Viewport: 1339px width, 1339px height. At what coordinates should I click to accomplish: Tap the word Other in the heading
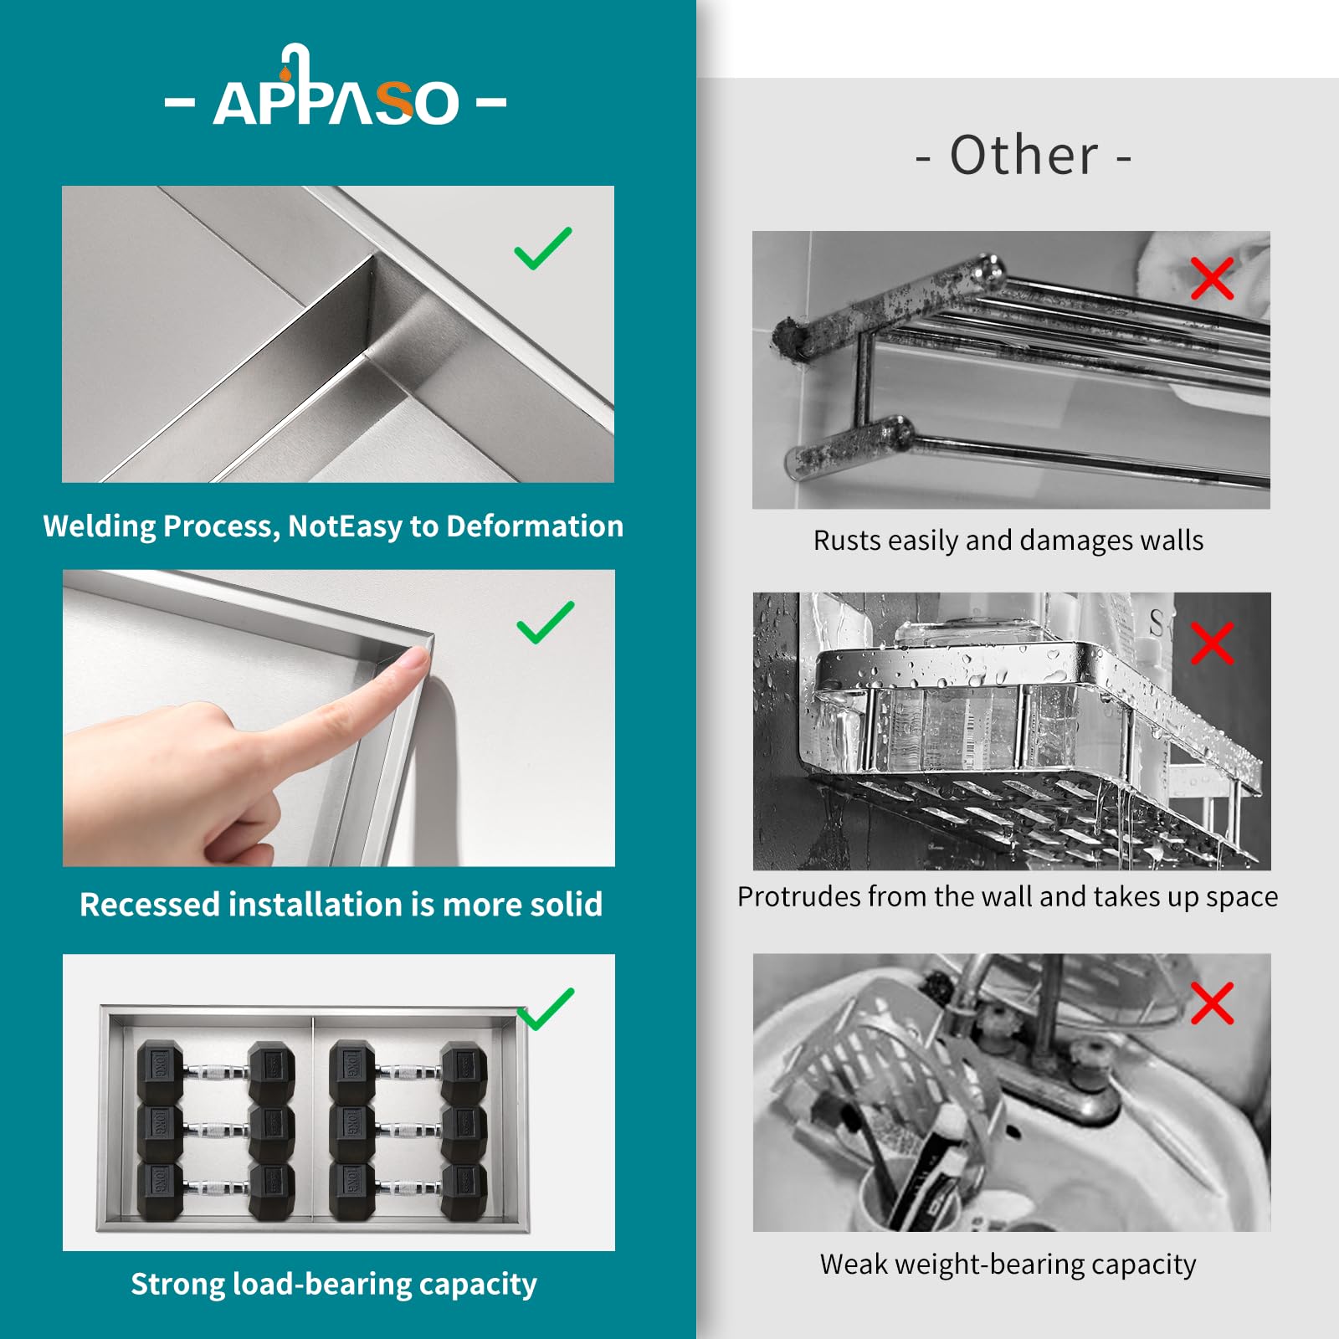point(1023,156)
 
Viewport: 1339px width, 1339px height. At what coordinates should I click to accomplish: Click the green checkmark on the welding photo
point(543,249)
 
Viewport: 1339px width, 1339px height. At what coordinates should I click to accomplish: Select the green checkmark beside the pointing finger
point(546,623)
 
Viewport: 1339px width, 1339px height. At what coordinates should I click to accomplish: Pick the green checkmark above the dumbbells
point(546,1008)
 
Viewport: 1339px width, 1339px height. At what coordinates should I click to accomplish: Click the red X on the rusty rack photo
point(1212,279)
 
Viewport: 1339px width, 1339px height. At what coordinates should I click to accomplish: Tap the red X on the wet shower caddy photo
point(1212,643)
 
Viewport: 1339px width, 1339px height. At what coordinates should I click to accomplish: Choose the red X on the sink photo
point(1212,1003)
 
